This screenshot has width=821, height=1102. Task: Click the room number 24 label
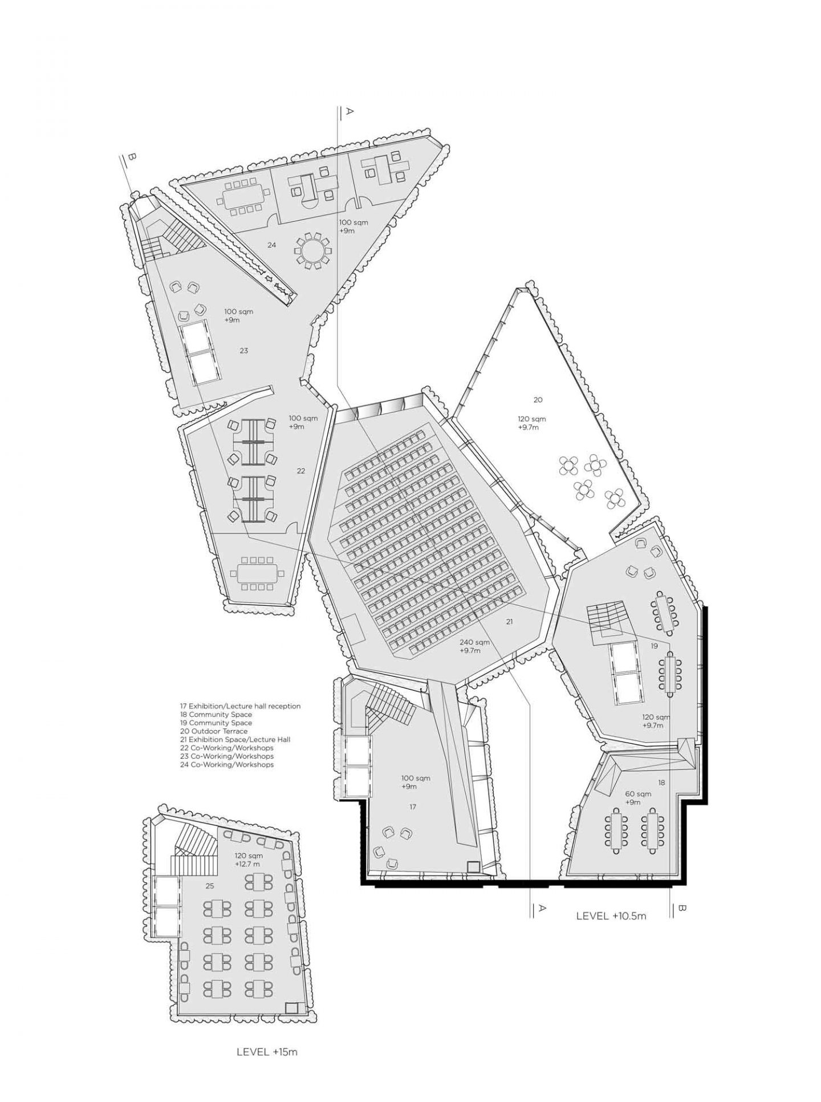tap(271, 245)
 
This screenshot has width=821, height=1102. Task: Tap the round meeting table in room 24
tap(312, 250)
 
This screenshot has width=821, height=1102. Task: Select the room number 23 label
tap(243, 350)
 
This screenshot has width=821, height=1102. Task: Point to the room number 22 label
tap(301, 471)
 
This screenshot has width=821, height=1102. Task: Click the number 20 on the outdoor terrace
tap(538, 399)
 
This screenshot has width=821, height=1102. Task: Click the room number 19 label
tap(654, 646)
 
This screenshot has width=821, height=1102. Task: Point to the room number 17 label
tap(413, 807)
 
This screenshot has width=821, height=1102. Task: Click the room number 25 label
tap(210, 886)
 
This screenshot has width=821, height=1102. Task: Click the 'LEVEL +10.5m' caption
tap(611, 916)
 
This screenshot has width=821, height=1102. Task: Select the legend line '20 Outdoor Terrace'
tap(213, 731)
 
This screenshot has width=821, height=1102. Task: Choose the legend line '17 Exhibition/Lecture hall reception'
tap(239, 706)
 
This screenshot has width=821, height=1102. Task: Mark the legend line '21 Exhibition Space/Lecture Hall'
tap(234, 739)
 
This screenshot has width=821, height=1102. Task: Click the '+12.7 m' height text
tap(248, 864)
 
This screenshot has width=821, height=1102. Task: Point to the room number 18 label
tap(661, 783)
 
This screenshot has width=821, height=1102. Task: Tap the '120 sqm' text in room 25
tap(247, 856)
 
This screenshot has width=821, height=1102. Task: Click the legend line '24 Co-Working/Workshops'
tap(226, 764)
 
